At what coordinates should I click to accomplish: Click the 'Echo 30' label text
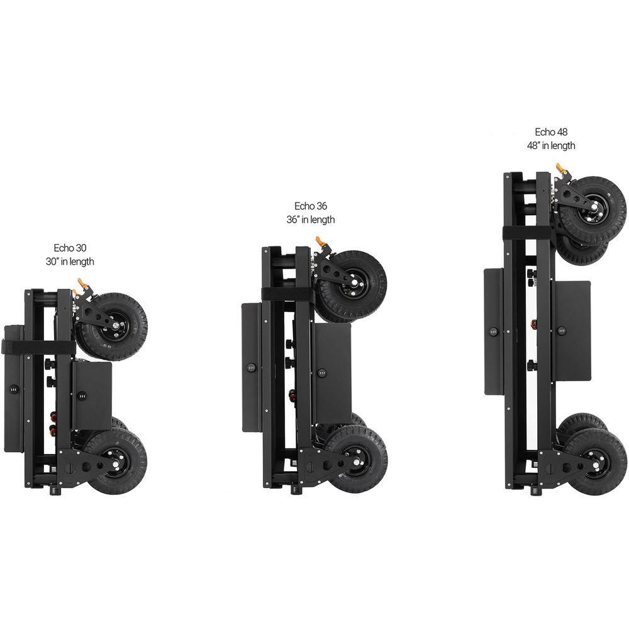(x=70, y=248)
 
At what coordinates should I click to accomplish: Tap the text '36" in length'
(x=311, y=220)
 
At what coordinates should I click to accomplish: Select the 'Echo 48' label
(x=551, y=132)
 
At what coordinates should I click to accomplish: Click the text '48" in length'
(x=551, y=146)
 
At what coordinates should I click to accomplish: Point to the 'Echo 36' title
(x=311, y=206)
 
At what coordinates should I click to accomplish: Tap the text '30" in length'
(x=70, y=262)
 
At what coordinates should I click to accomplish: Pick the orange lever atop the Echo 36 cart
(x=321, y=242)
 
